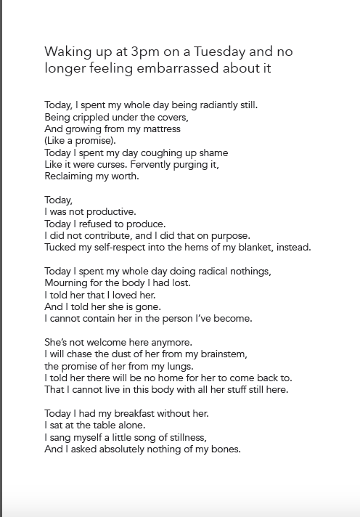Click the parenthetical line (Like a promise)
click(x=80, y=141)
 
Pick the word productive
click(x=110, y=211)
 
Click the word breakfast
click(x=131, y=413)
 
